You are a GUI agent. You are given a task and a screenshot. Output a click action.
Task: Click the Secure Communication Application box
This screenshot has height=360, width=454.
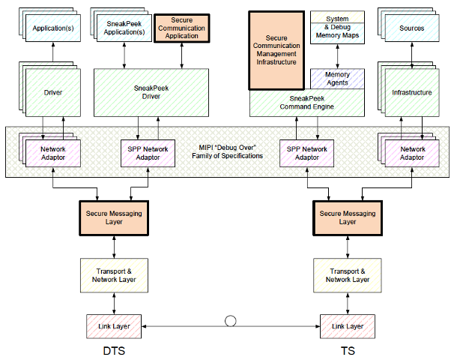(181, 28)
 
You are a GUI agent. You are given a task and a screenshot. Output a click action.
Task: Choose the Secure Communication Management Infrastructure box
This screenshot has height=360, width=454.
(276, 49)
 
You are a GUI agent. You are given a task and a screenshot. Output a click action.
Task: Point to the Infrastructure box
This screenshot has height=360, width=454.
(411, 93)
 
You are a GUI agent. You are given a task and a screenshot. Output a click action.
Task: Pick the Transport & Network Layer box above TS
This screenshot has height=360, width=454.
(347, 275)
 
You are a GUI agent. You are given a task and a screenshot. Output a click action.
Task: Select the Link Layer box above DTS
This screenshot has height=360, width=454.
(115, 326)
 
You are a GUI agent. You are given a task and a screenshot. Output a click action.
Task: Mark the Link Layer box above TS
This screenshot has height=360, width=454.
(347, 326)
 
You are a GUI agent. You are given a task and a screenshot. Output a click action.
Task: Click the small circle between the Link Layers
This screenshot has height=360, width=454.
(231, 322)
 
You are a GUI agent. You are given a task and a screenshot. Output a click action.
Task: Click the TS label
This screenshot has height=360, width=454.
(347, 350)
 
